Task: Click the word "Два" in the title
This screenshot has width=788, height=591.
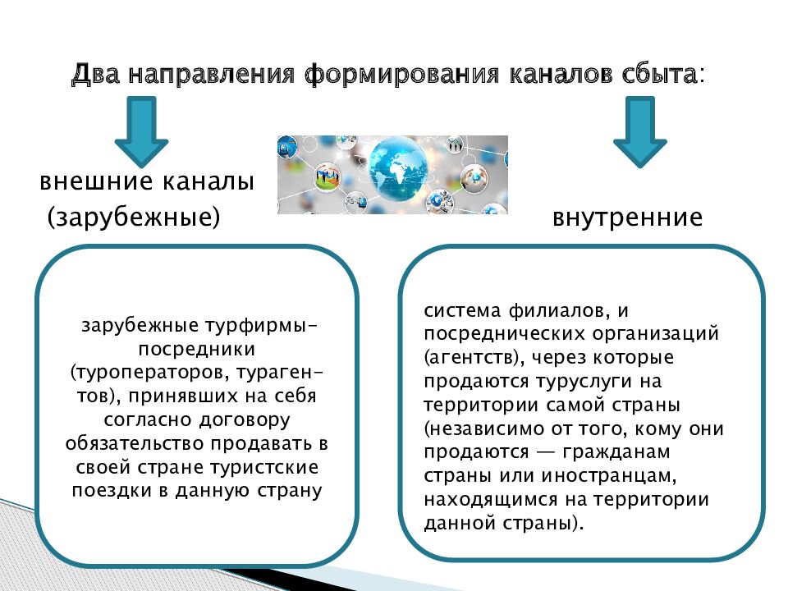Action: [96, 75]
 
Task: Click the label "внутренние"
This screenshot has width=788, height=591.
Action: [627, 218]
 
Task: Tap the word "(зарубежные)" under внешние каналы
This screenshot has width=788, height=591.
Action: [134, 218]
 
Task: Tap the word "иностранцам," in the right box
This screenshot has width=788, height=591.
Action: [623, 476]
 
